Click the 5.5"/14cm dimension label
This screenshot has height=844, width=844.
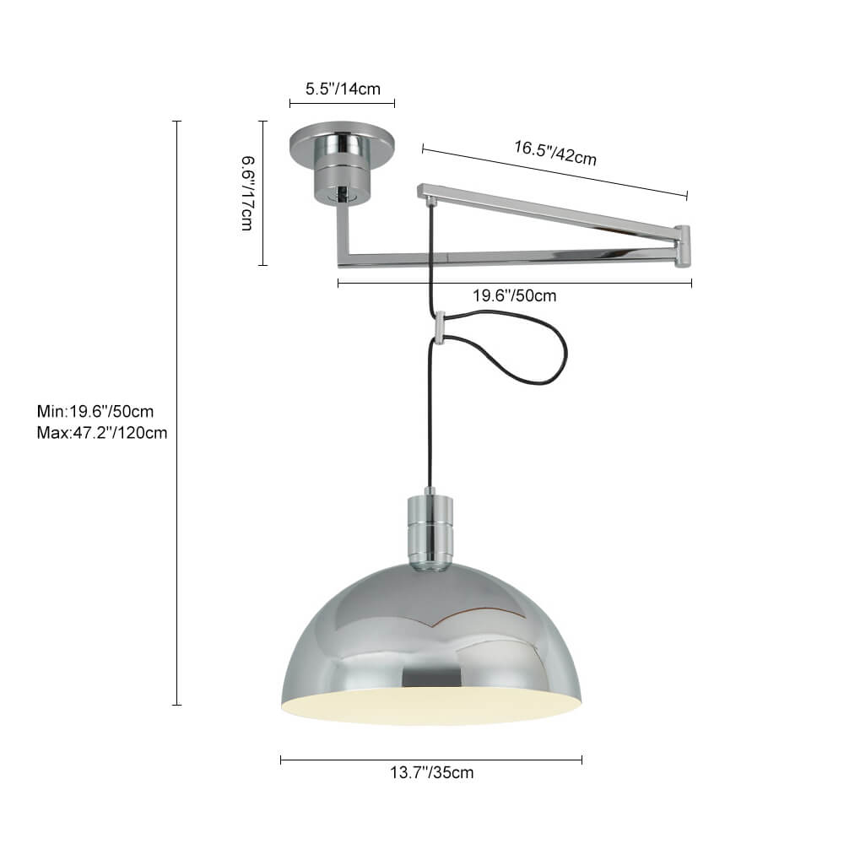click(x=343, y=89)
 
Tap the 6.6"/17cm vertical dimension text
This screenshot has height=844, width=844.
click(x=247, y=193)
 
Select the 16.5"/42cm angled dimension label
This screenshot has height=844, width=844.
click(x=555, y=152)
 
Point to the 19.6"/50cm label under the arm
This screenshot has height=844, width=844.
click(x=514, y=295)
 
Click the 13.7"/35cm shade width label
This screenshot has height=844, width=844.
click(x=431, y=772)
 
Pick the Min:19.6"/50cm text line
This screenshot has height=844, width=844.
click(x=95, y=411)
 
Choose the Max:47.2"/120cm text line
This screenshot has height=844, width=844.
click(x=102, y=433)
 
